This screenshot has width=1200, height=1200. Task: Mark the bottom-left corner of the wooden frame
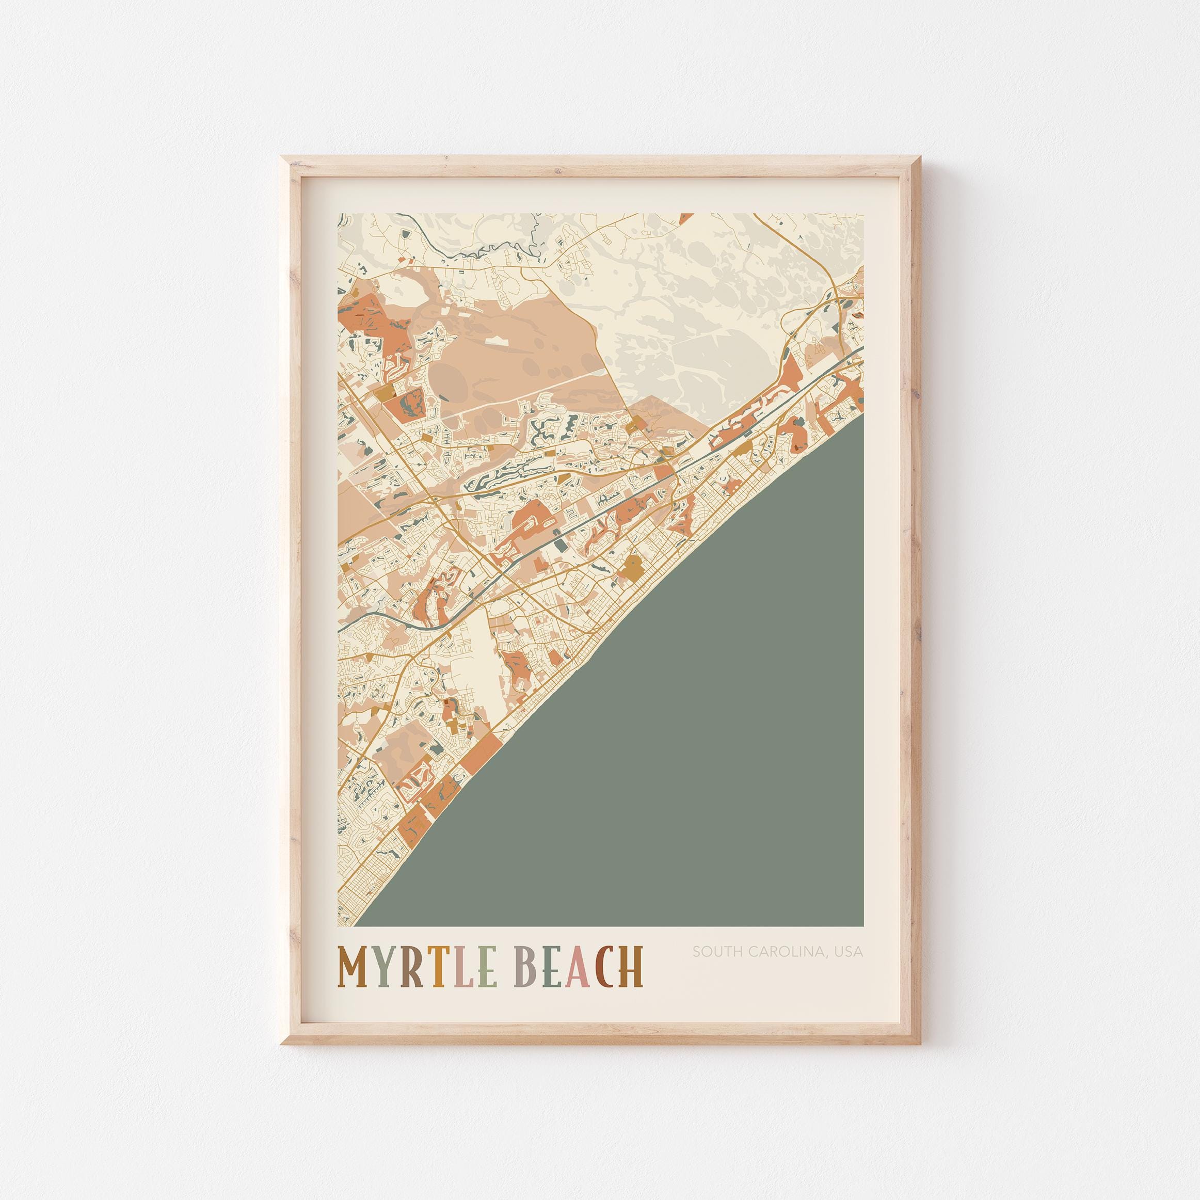[x=284, y=1042]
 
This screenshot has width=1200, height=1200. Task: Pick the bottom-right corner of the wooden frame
[x=917, y=1042]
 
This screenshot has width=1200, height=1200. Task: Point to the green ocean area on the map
[x=714, y=714]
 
